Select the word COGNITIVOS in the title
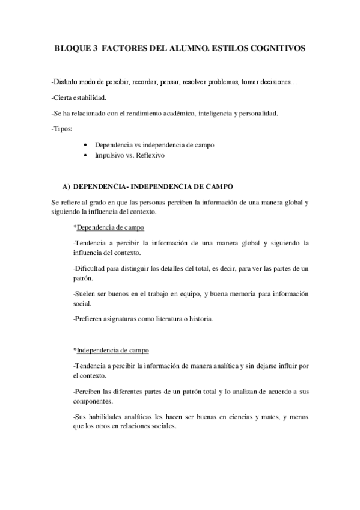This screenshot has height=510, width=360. (276, 50)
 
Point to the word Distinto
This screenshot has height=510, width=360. (69, 81)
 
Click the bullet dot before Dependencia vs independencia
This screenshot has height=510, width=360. (87, 146)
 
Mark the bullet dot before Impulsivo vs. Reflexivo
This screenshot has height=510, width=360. (87, 155)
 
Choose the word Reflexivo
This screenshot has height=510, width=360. (150, 155)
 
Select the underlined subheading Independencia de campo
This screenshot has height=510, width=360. (113, 350)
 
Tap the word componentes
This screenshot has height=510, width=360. (93, 401)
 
